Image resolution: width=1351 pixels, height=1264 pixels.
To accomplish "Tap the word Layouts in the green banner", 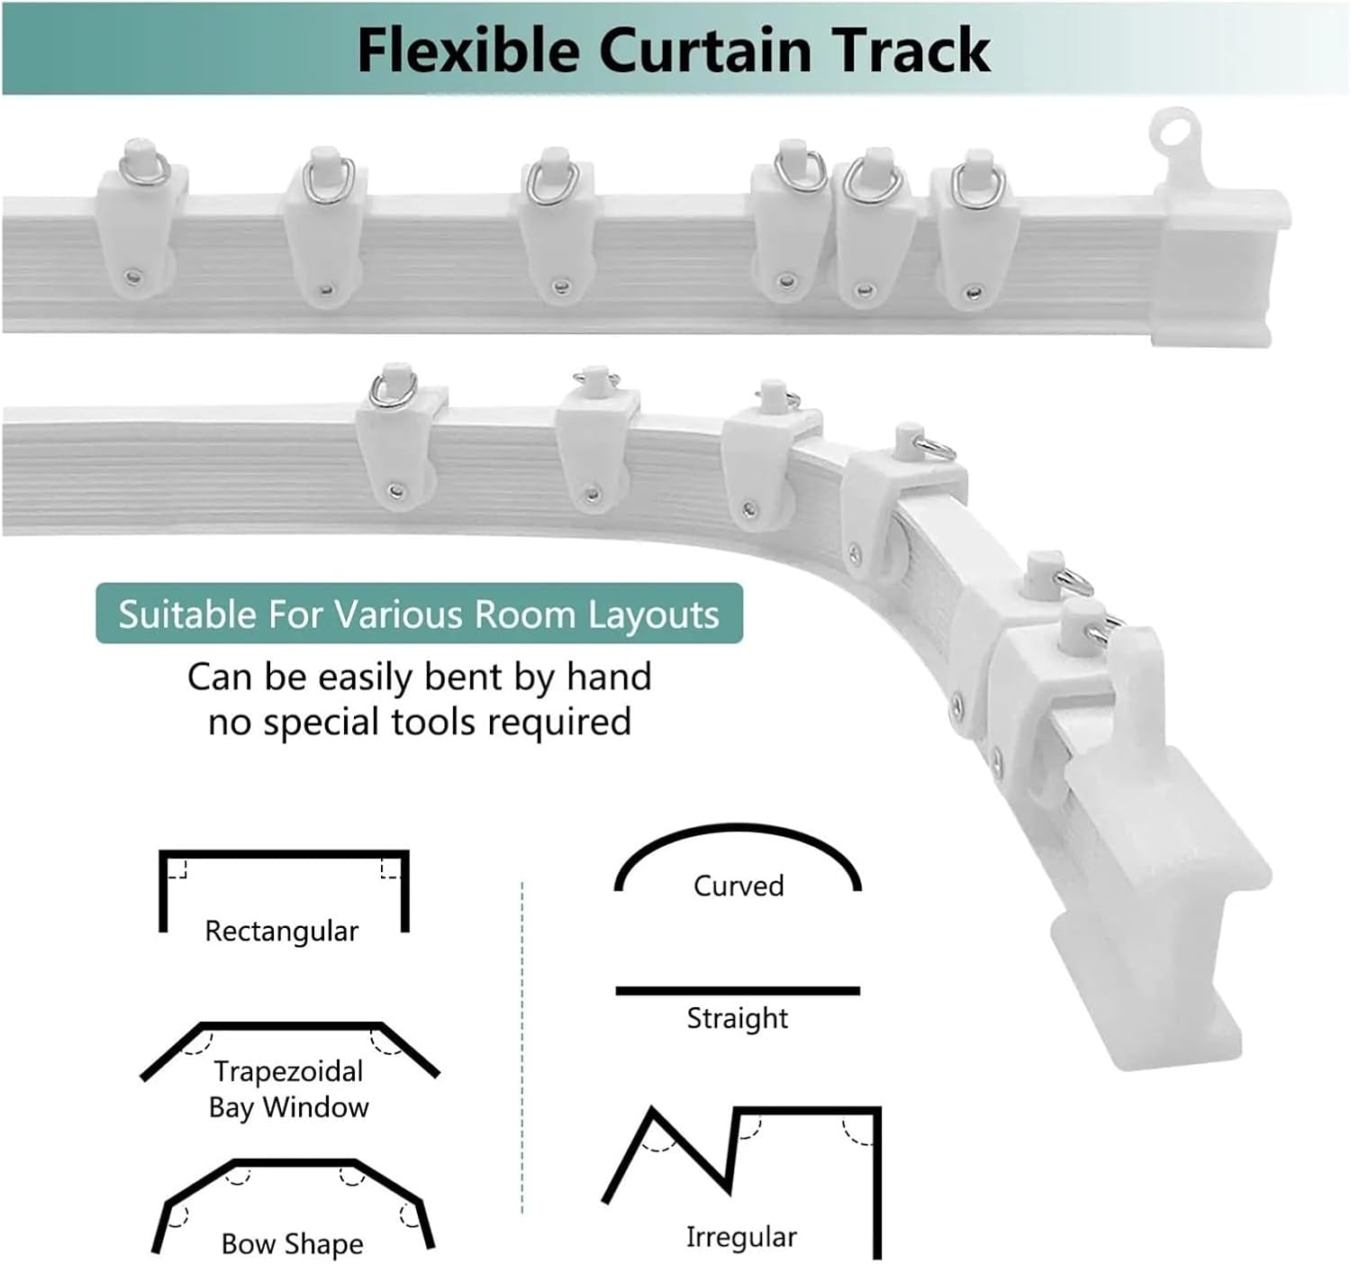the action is click(653, 614).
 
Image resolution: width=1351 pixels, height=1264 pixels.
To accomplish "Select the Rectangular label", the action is click(281, 931).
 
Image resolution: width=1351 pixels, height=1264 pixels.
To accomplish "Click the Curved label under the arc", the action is click(739, 886).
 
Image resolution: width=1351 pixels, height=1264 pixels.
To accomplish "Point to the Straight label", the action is click(737, 1018).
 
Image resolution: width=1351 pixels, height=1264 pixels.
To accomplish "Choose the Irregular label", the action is click(741, 1237).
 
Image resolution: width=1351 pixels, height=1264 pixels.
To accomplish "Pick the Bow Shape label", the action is click(292, 1244).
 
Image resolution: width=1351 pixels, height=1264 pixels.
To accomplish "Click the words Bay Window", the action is click(288, 1106).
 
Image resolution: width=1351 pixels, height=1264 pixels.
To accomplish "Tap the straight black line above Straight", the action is click(737, 990).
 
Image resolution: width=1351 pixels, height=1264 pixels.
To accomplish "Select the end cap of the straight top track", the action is click(1220, 266).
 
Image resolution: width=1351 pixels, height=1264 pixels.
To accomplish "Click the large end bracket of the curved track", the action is click(1162, 901).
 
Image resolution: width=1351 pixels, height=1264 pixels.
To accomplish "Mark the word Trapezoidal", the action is click(288, 1071).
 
